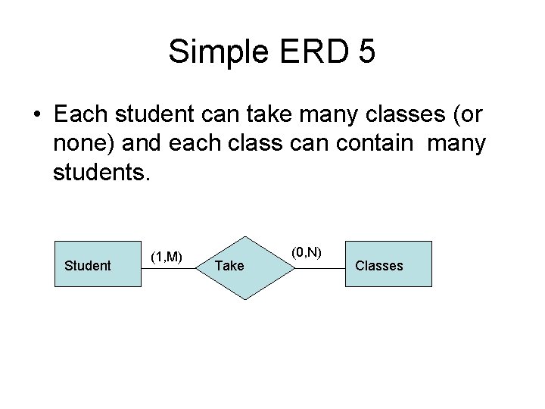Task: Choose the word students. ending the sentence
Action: point(103,173)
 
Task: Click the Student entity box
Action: point(98,264)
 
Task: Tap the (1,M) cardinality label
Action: point(166,257)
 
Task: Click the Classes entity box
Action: point(388,264)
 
